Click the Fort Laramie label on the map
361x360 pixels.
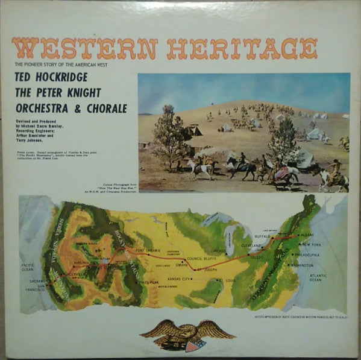click(x=147, y=250)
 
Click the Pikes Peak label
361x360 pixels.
click(x=148, y=282)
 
